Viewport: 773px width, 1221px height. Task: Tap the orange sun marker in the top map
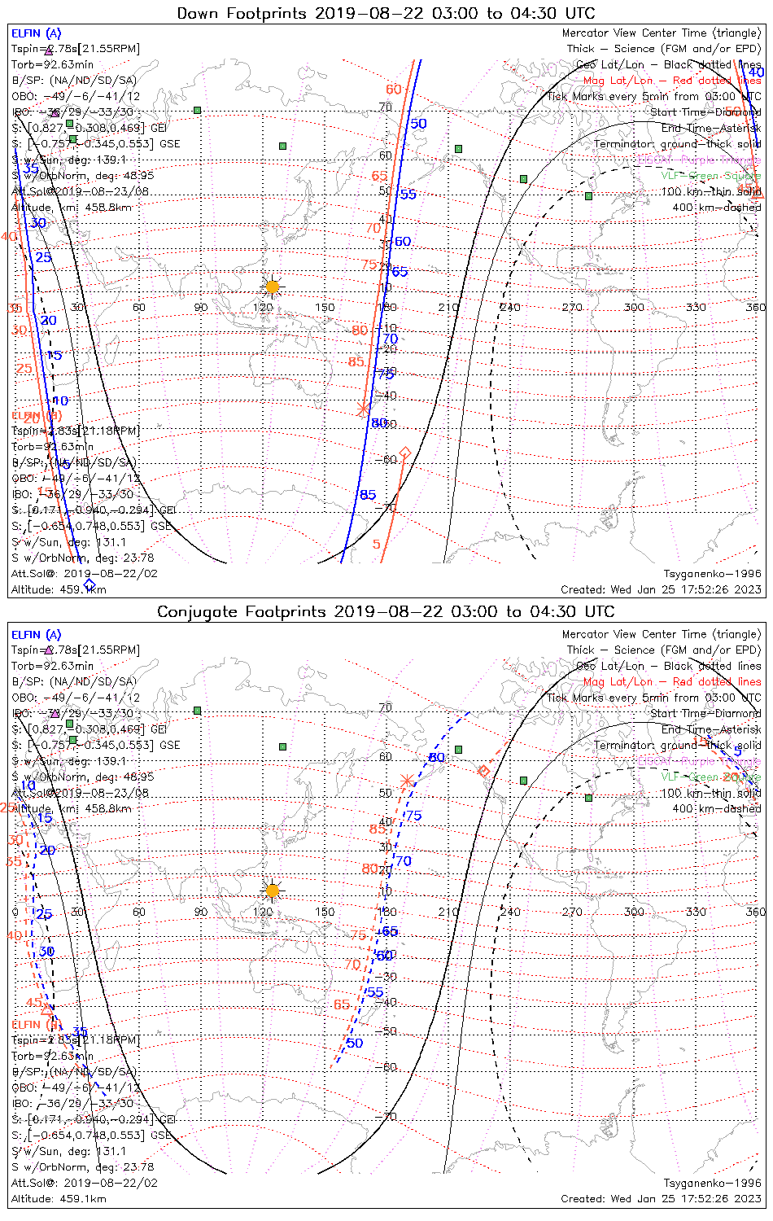(x=272, y=287)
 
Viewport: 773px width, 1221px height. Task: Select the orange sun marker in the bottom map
(x=272, y=891)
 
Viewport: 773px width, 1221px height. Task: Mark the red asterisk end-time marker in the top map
(x=363, y=409)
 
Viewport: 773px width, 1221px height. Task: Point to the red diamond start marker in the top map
(x=404, y=452)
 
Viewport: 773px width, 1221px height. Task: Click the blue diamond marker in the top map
(x=90, y=584)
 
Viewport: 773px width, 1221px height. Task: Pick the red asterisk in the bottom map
(x=407, y=781)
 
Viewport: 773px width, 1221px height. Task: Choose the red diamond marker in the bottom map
(x=483, y=770)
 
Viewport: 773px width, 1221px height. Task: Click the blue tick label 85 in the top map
(x=368, y=495)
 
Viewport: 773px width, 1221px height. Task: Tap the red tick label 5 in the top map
(x=377, y=545)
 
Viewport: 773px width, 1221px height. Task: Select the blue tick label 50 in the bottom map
(x=355, y=1043)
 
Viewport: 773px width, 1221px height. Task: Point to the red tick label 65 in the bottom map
(x=342, y=1004)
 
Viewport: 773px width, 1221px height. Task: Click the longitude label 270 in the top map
(x=572, y=307)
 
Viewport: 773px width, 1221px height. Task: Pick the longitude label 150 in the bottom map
(x=325, y=912)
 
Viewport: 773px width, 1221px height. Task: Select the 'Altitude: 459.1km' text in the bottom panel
(x=59, y=1198)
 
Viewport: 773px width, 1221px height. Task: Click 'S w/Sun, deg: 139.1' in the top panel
(x=69, y=160)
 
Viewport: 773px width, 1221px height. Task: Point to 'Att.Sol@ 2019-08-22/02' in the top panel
(x=85, y=574)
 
